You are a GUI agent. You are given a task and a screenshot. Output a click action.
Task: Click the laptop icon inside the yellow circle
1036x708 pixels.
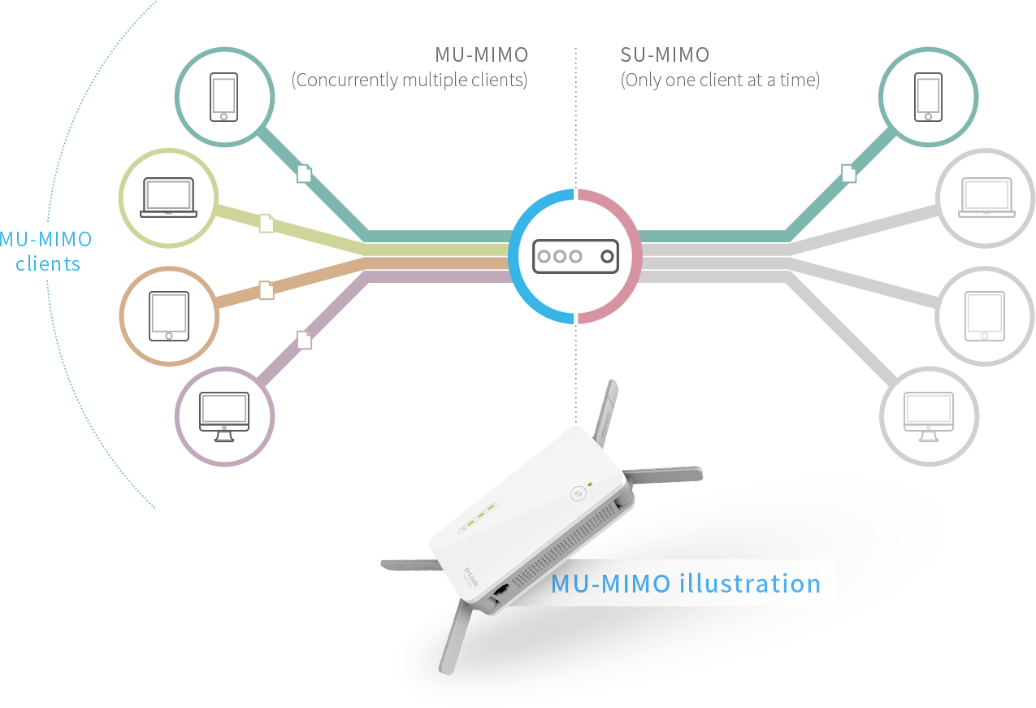(169, 198)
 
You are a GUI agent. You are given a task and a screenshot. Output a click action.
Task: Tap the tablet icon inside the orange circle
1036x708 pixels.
(169, 316)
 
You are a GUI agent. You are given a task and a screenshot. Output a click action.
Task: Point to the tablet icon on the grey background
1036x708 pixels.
(985, 316)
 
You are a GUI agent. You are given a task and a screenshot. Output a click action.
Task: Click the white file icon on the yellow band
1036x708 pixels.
(267, 223)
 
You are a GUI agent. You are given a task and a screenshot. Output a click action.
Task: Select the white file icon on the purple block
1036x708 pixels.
(304, 340)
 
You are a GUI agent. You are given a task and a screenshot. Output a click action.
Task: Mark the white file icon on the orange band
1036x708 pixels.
(267, 289)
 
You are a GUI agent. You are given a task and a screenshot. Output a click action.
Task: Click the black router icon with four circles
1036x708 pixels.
(575, 256)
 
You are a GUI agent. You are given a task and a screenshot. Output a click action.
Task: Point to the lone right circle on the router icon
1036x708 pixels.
(606, 256)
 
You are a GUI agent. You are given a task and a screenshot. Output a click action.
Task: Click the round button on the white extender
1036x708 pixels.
(579, 493)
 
